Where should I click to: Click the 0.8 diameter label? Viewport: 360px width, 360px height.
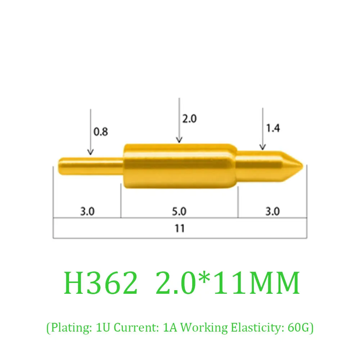pos(101,132)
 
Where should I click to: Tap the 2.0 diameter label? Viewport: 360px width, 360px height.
pos(189,119)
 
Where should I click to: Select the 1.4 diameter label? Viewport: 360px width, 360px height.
pos(273,128)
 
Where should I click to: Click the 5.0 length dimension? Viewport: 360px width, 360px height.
pos(179,211)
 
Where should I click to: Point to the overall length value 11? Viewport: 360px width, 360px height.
pos(180,228)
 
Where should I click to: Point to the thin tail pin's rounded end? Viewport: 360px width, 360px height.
pos(60,166)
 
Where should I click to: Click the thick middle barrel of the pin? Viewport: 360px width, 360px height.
pos(180,166)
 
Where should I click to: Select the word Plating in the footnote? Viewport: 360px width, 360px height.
pos(67,328)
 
